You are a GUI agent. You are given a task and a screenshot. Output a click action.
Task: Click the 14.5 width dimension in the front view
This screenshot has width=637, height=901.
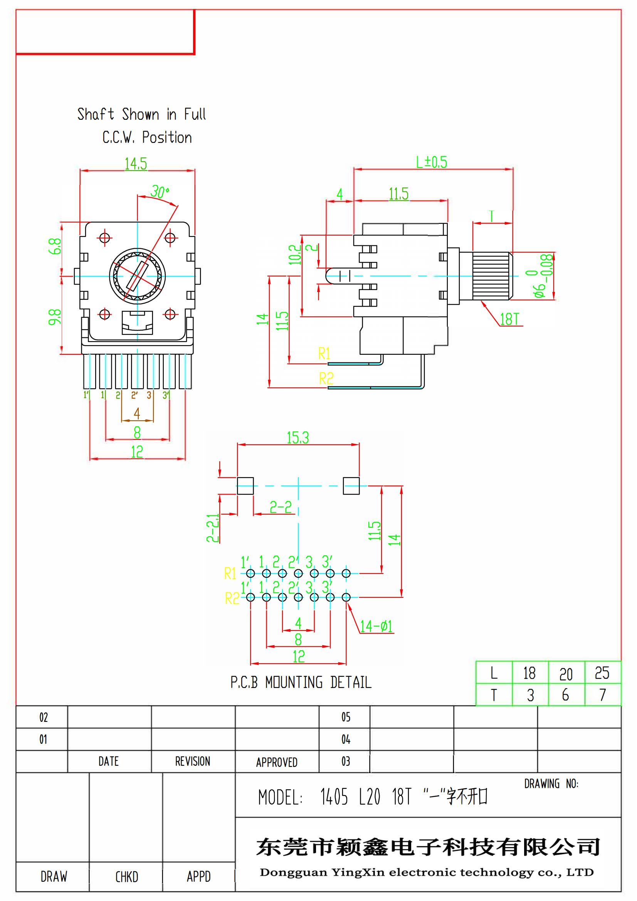(x=136, y=164)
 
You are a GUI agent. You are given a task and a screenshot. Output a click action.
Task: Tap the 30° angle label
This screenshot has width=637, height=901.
(x=160, y=192)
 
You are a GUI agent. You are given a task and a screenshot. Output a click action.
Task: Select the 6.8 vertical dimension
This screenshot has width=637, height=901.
(x=55, y=246)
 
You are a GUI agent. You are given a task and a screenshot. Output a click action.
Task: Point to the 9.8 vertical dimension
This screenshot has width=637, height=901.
(x=55, y=317)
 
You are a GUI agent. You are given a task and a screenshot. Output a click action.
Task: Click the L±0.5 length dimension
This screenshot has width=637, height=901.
(x=431, y=162)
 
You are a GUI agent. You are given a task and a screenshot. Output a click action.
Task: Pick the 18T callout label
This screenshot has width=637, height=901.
(x=509, y=319)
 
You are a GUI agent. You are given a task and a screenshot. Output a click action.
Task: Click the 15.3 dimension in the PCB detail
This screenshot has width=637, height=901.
(x=298, y=438)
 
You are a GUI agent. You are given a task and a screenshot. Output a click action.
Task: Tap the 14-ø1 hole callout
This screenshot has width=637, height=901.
(x=376, y=626)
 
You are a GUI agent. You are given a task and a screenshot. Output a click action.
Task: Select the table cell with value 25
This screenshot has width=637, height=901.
(x=602, y=673)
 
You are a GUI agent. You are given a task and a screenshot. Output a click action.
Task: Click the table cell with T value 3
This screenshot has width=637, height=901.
(x=530, y=695)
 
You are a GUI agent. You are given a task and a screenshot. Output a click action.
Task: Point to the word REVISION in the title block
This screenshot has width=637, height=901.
(x=192, y=761)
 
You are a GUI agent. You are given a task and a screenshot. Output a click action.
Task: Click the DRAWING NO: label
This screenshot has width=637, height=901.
(x=551, y=784)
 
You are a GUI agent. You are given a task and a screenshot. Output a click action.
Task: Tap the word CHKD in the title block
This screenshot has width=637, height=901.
(x=126, y=877)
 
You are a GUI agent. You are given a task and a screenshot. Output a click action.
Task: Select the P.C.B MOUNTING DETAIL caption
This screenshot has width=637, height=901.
(x=301, y=683)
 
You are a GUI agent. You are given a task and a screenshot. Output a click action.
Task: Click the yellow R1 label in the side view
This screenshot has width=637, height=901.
(x=324, y=354)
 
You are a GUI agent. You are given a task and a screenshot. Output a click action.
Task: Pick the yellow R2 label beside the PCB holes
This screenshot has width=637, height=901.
(x=232, y=599)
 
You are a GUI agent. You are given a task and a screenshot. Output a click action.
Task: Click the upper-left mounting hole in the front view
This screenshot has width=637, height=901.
(x=105, y=238)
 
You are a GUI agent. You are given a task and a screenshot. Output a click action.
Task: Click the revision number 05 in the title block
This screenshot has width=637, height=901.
(x=345, y=717)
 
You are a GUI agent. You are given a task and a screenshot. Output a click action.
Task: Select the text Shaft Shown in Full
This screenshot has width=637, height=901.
(x=141, y=114)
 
